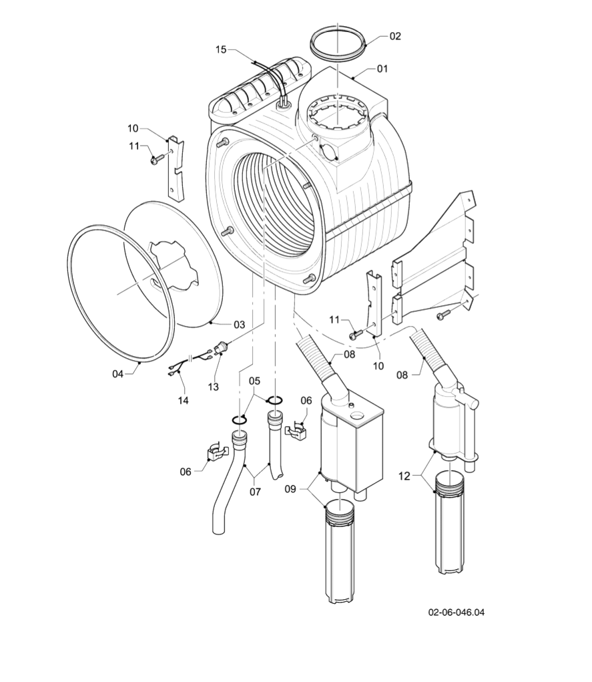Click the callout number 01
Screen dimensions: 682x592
[382, 68]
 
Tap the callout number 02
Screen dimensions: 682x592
[395, 36]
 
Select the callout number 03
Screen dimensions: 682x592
[239, 324]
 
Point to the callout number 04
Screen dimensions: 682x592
[118, 373]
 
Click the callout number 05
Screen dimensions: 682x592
[254, 381]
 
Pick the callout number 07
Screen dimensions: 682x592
[255, 492]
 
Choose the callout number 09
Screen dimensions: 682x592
[290, 488]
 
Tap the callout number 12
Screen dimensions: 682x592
[403, 476]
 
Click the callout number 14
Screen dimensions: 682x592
[183, 400]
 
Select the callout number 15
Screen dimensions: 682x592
[221, 49]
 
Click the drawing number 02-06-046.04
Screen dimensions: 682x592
[456, 611]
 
